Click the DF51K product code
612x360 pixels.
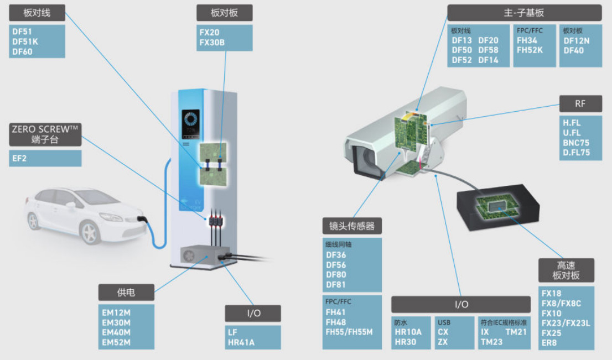pyautogui.click(x=25, y=41)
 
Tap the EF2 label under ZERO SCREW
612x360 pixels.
pyautogui.click(x=20, y=159)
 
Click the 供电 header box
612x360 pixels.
pyautogui.click(x=126, y=293)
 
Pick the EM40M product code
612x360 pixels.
pyautogui.click(x=116, y=332)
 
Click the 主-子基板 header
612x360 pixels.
pyautogui.click(x=523, y=13)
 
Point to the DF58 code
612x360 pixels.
pyautogui.click(x=488, y=50)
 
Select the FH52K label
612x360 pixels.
pyautogui.click(x=530, y=50)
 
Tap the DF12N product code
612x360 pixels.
pyautogui.click(x=577, y=40)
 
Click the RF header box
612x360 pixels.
pyautogui.click(x=580, y=103)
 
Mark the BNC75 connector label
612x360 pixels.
pyautogui.click(x=576, y=143)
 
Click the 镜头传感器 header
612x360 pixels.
pyautogui.click(x=352, y=226)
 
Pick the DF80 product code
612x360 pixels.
pyautogui.click(x=336, y=275)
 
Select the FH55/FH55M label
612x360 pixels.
pyautogui.click(x=349, y=332)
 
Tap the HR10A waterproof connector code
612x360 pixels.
pyautogui.click(x=408, y=332)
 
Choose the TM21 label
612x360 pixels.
pyautogui.click(x=516, y=332)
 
